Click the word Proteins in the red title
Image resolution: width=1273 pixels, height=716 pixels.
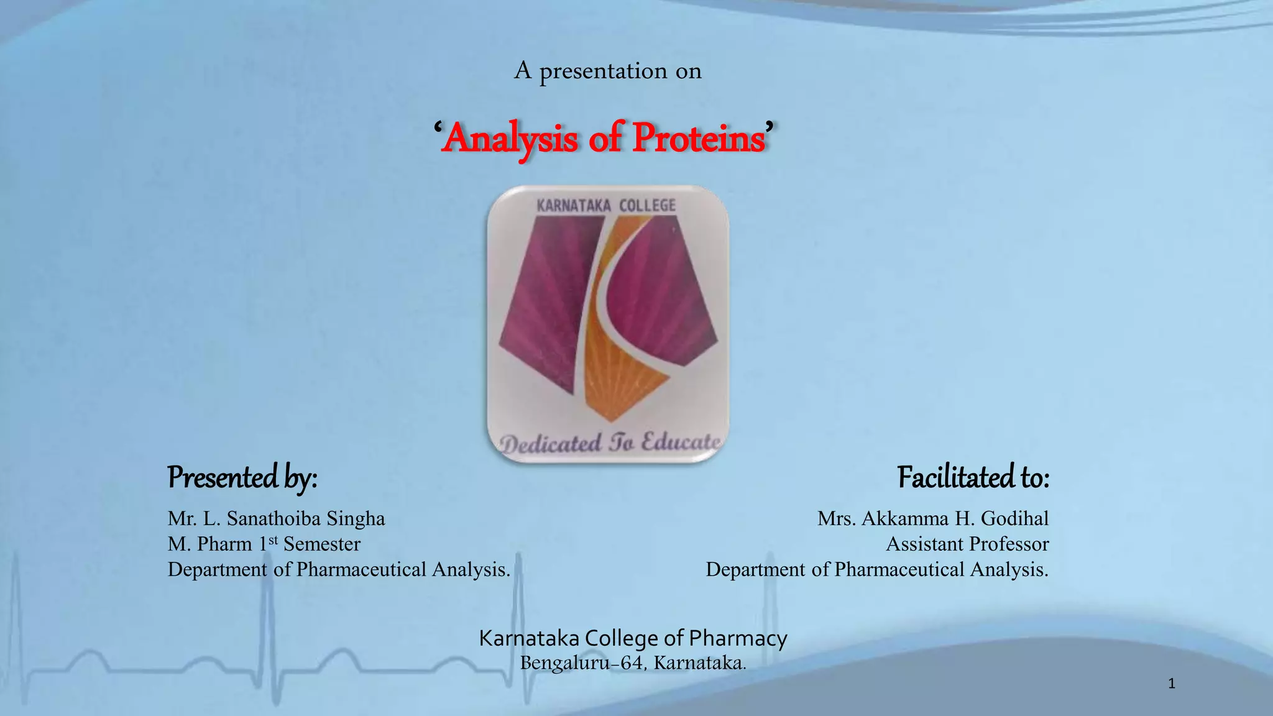[x=699, y=138]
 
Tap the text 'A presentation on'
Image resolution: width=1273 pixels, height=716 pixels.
[x=607, y=71]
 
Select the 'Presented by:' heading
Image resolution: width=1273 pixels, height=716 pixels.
[x=242, y=477]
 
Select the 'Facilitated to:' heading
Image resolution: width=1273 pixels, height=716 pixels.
[x=973, y=477]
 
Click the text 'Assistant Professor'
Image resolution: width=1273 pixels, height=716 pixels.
[x=967, y=544]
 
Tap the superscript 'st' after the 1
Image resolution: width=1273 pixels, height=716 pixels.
[x=273, y=539]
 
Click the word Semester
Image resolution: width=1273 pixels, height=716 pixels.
[x=322, y=544]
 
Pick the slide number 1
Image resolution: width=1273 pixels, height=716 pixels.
[x=1172, y=684]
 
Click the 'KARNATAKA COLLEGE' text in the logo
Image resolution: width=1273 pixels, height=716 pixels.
[x=606, y=206]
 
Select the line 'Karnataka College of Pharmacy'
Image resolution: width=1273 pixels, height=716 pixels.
[x=633, y=638]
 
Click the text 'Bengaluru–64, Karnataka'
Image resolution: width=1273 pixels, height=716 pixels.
[x=633, y=663]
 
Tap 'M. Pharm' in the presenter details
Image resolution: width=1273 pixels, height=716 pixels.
[x=209, y=544]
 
